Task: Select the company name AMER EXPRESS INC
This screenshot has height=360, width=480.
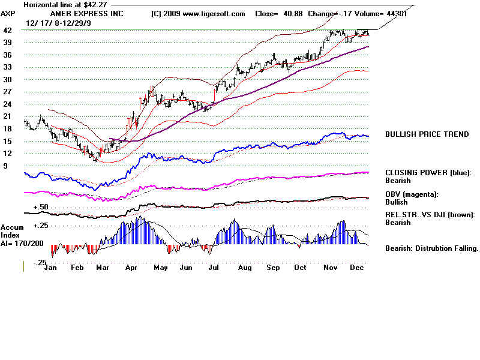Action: pos(79,13)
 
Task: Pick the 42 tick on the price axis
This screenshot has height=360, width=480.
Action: pos(7,30)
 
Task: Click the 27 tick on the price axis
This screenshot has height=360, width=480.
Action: pos(7,92)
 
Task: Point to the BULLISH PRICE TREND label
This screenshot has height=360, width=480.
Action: pos(427,134)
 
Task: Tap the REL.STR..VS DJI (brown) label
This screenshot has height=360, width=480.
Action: pos(431,214)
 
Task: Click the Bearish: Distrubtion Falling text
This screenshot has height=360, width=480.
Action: pos(431,248)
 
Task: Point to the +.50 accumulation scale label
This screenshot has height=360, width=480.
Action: pos(40,206)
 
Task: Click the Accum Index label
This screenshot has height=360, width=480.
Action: pos(11,231)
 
